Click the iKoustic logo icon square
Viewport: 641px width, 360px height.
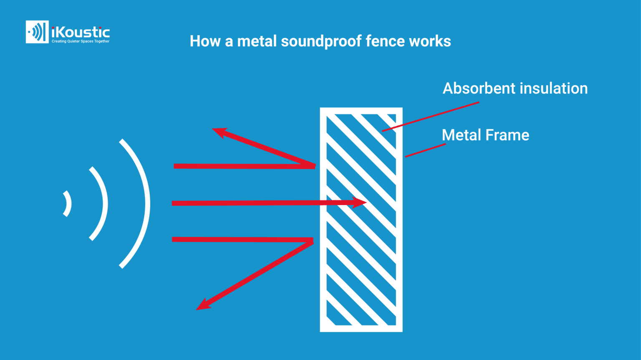[x=37, y=32]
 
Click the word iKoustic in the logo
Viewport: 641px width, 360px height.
[x=81, y=32]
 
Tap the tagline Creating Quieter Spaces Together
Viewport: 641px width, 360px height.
[x=81, y=41]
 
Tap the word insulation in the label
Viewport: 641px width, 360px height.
[x=553, y=89]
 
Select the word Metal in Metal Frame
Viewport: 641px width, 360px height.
[x=462, y=135]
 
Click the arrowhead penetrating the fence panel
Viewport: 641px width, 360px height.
[x=359, y=203]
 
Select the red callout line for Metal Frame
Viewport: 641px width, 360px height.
[x=425, y=150]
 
